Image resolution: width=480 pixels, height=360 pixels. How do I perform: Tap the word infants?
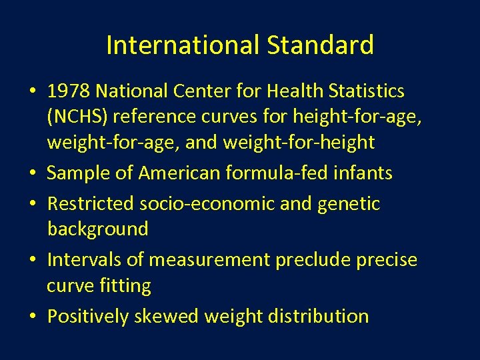pos(368,173)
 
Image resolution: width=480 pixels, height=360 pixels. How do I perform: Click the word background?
pos(98,229)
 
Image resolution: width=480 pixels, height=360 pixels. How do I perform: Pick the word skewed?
pos(166,316)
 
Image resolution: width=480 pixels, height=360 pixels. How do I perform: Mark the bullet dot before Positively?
pos(34,317)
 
